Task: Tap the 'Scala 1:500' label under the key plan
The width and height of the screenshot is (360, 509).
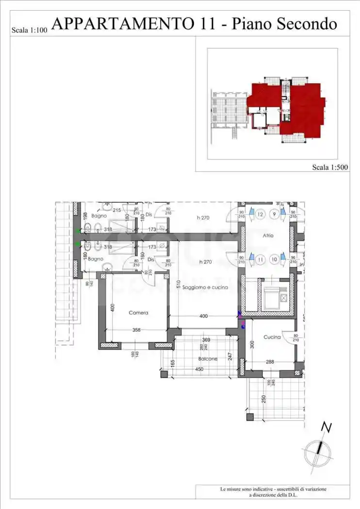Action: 330,167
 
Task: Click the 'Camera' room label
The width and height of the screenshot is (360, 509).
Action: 138,313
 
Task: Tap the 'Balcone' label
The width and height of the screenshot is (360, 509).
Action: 208,359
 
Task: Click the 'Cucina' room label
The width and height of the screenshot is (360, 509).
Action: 272,337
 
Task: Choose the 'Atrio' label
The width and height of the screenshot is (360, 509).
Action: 268,236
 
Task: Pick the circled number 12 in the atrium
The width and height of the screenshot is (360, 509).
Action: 260,215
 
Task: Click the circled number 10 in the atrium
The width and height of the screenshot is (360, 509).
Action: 275,259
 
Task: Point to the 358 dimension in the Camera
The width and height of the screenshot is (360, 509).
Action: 136,330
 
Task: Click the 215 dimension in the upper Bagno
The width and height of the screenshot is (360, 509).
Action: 116,210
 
